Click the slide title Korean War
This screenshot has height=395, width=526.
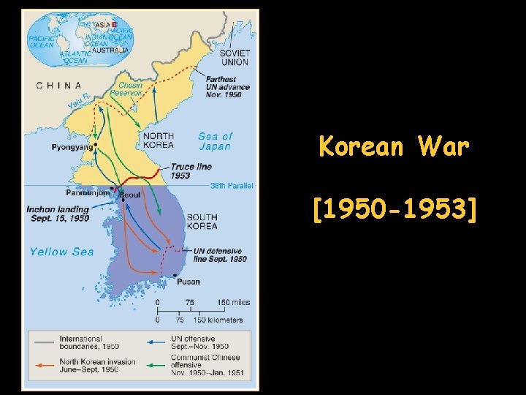pos(394,147)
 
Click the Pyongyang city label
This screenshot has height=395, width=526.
pos(72,147)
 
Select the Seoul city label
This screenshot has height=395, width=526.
pos(129,195)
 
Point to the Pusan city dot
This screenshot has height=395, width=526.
pos(175,274)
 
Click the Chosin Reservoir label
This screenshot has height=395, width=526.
pos(126,89)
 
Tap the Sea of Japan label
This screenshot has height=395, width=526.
pos(215,141)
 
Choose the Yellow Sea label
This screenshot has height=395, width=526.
pos(62,252)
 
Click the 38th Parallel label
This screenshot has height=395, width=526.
pos(229,186)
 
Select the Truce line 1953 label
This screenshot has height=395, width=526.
pos(191,170)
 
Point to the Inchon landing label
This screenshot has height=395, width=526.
pos(58,214)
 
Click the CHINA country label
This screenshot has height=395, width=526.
pos(59,86)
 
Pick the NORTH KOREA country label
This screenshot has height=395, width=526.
pos(158,140)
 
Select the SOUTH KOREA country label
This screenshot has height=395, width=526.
pos(202,221)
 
